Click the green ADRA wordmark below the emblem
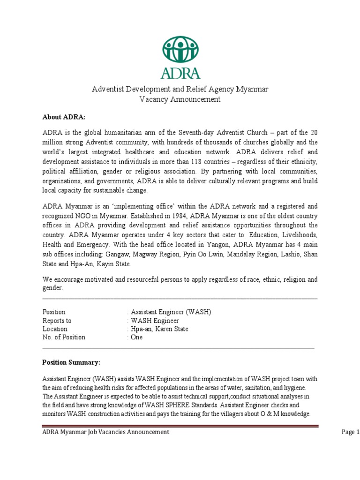(180, 73)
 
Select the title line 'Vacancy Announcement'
(180, 99)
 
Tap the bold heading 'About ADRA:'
(60, 117)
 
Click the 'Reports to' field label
(57, 321)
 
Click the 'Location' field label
(54, 329)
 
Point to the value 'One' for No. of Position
(137, 337)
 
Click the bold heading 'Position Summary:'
(71, 362)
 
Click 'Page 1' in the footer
(351, 432)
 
